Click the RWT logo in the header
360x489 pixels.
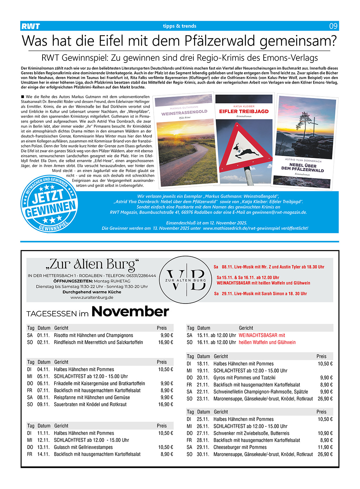pyautogui.click(x=31, y=26)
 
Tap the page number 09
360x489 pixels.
pyautogui.click(x=333, y=26)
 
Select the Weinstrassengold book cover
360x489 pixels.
pyautogui.click(x=184, y=141)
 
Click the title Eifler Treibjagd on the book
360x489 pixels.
pyautogui.click(x=244, y=111)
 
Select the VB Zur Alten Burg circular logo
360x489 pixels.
pyautogui.click(x=186, y=280)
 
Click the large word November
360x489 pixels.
pyautogui.click(x=130, y=312)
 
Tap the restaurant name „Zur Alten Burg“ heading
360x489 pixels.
pyautogui.click(x=92, y=264)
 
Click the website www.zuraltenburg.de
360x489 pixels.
pyautogui.click(x=92, y=298)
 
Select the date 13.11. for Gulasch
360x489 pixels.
pyautogui.click(x=43, y=447)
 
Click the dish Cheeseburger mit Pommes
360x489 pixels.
pyautogui.click(x=240, y=447)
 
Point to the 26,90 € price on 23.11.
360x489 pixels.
pyautogui.click(x=325, y=399)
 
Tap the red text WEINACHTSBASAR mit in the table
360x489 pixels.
pyautogui.click(x=262, y=335)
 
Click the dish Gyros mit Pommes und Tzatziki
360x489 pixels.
pyautogui.click(x=244, y=378)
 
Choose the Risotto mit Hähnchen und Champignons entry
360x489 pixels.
pyautogui.click(x=94, y=335)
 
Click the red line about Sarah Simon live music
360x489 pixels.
pyautogui.click(x=261, y=294)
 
